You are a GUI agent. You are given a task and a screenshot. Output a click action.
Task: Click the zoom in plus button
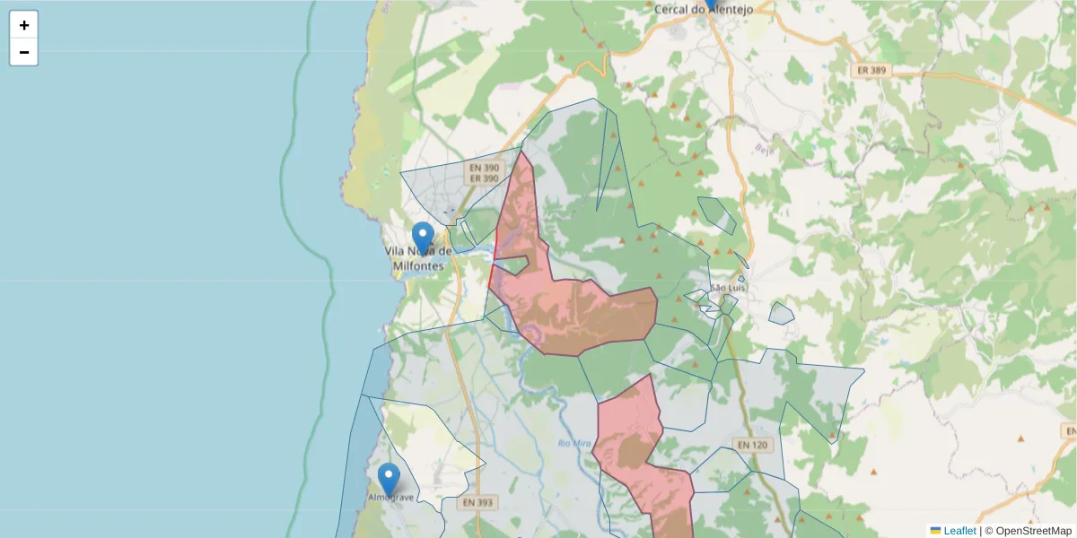[24, 25]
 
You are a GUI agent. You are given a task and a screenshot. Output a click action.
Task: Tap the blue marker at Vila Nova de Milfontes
[423, 238]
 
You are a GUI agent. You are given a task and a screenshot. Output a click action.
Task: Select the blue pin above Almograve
[389, 479]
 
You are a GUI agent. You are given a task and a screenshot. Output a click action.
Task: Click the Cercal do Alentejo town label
[702, 10]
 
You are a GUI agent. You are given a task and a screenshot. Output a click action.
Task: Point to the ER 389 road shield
[871, 70]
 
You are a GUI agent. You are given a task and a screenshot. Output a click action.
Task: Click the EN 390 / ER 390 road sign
[484, 173]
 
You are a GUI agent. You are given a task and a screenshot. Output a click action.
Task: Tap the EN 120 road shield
[752, 445]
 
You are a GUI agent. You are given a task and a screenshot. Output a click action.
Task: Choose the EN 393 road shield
[477, 503]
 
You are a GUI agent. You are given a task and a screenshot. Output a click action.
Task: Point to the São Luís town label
[728, 288]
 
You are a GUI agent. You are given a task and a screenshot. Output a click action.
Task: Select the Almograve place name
[391, 497]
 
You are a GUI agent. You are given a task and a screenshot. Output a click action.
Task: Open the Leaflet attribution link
[959, 531]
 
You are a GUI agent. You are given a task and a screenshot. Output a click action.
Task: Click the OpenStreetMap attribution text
[1029, 531]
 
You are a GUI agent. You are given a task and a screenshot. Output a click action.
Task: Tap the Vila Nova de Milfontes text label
[418, 258]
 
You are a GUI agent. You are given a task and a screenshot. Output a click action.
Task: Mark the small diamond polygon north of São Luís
[716, 216]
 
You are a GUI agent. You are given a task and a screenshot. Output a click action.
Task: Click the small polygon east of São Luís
[782, 313]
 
